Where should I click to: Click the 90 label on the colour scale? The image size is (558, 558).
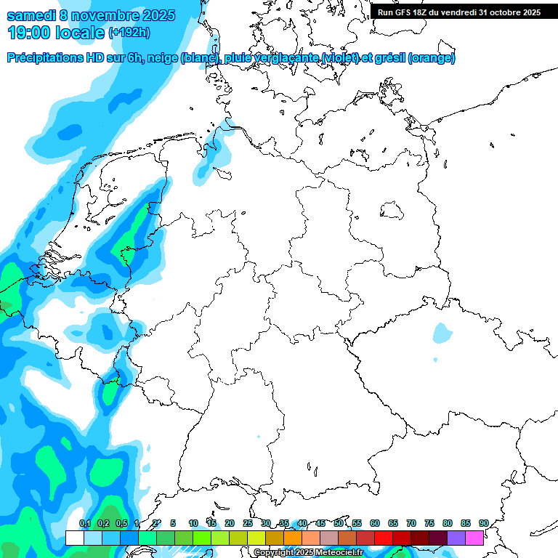(483, 523)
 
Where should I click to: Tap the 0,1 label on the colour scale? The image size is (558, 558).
(84, 523)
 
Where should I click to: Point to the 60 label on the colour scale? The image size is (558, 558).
(375, 523)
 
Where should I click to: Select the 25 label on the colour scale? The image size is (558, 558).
(248, 523)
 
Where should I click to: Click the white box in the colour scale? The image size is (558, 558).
(74, 538)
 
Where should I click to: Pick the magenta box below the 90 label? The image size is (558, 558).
(474, 538)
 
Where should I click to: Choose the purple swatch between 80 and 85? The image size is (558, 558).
(456, 538)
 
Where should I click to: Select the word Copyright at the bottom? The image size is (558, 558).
(272, 553)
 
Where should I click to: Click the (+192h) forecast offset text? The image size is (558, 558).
(130, 33)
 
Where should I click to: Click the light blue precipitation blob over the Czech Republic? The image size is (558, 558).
(441, 333)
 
